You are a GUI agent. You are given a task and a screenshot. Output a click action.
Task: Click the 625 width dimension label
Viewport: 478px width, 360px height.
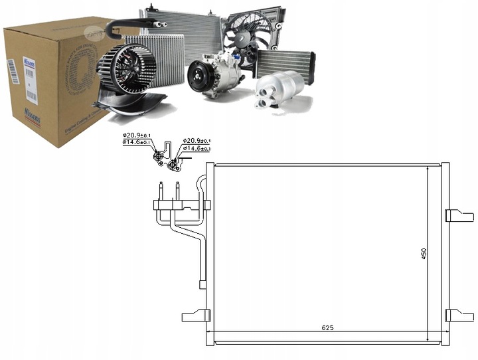327,327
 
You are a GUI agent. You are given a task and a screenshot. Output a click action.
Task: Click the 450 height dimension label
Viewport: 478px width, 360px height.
424,253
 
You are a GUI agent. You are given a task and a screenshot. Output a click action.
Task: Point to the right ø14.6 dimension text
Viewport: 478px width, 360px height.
197,149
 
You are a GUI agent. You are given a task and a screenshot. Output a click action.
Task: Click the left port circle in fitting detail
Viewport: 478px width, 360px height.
159,156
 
